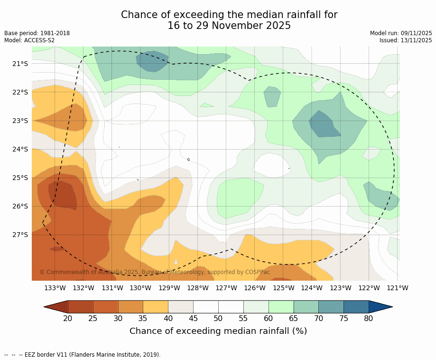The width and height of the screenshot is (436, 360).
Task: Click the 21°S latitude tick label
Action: [20, 64]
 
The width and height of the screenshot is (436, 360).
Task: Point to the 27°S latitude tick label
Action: [20, 235]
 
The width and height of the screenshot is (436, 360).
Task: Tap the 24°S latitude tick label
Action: [20, 149]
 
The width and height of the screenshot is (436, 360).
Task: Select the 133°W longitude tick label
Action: [55, 288]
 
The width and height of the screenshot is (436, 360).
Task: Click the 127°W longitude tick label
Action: [226, 288]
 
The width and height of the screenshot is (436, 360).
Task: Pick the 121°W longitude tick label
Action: [398, 288]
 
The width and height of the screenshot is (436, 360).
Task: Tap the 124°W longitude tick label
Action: [312, 288]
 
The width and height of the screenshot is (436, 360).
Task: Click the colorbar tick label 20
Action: [68, 318]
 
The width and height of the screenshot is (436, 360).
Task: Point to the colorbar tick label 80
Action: [369, 318]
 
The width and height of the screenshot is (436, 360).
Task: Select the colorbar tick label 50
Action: [218, 318]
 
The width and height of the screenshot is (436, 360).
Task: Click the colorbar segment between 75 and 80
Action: [356, 307]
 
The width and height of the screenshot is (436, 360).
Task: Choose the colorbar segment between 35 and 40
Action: [156, 307]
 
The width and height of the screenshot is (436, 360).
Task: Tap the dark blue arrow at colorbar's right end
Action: [380, 307]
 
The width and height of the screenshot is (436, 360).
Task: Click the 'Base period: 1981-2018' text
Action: [37, 33]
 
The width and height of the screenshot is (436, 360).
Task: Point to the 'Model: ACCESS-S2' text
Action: [29, 40]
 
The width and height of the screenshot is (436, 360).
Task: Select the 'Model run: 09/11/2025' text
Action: [401, 33]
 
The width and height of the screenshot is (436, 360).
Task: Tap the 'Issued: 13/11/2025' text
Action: [406, 40]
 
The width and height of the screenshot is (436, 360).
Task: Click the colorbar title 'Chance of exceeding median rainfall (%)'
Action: [218, 331]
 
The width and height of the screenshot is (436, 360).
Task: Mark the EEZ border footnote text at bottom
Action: [83, 355]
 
